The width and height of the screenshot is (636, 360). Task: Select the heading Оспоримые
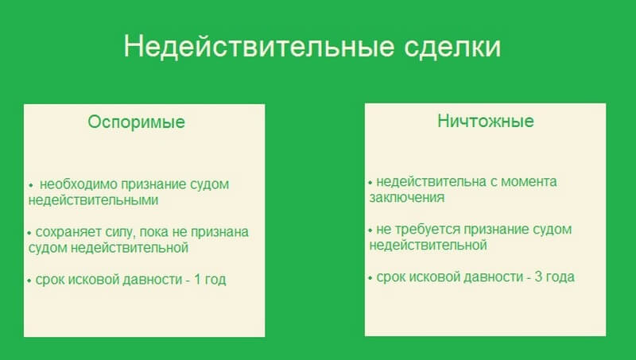(x=136, y=122)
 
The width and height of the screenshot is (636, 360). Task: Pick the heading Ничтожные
(x=486, y=121)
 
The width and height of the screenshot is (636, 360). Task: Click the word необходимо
(x=78, y=184)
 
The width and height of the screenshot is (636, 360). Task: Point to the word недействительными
(x=93, y=200)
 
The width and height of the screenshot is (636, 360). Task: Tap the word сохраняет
(x=68, y=232)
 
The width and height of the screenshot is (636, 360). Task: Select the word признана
(x=219, y=232)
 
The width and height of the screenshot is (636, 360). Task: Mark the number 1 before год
(x=197, y=279)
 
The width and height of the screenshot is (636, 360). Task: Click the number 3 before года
(x=538, y=277)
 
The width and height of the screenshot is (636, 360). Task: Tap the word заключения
(x=407, y=197)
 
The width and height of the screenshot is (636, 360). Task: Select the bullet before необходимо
(x=31, y=185)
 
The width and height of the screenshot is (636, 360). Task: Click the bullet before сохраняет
(x=29, y=233)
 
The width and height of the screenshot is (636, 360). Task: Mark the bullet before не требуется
(x=370, y=230)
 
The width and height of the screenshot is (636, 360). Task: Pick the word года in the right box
(x=560, y=277)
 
